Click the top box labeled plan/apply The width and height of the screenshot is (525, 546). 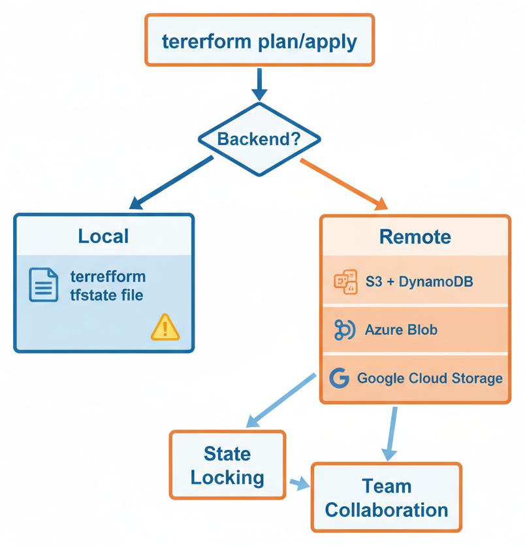click(259, 40)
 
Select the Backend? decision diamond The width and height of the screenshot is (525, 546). click(259, 138)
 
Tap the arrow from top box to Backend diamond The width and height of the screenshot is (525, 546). click(259, 85)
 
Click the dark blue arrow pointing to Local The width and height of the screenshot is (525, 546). click(171, 184)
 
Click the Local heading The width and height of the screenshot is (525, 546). click(103, 236)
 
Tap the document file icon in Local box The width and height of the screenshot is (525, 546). click(44, 285)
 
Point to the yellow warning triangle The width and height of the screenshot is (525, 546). click(165, 327)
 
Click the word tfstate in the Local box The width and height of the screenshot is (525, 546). click(89, 295)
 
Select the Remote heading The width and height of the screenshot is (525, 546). click(415, 236)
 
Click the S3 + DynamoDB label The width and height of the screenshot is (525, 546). click(419, 281)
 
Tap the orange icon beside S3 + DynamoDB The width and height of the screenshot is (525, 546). click(345, 281)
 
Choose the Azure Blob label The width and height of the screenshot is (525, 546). click(410, 330)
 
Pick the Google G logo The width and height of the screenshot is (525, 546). click(339, 378)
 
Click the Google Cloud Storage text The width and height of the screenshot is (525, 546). click(430, 378)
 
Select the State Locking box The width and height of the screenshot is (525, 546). click(227, 465)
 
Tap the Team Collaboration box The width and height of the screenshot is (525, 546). click(386, 497)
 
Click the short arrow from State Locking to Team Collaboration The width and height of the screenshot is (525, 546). click(298, 484)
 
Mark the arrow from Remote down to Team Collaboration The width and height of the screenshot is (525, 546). click(392, 432)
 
